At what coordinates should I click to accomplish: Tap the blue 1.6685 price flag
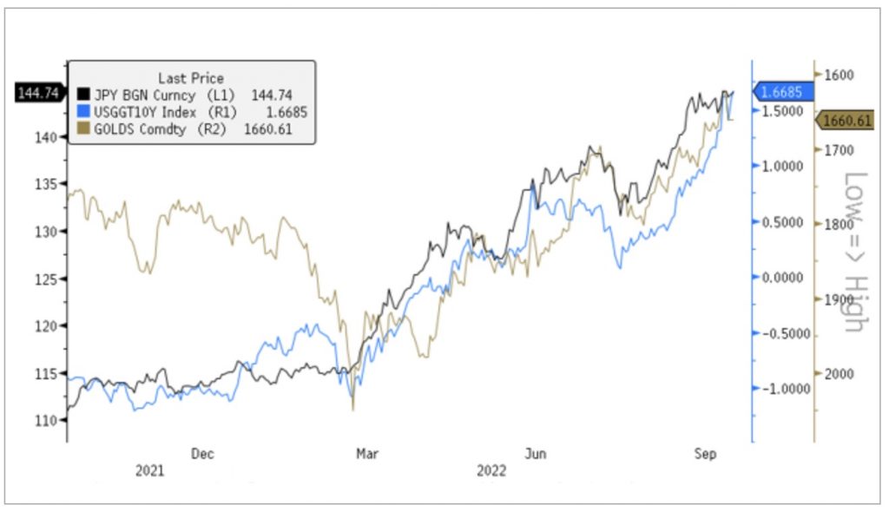coord(785,91)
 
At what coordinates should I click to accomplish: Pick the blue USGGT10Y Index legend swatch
coord(84,112)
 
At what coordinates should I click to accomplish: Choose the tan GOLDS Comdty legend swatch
coord(84,129)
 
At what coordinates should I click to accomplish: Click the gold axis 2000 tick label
coord(837,373)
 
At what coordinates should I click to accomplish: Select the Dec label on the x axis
coord(202,453)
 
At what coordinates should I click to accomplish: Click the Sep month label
coord(703,453)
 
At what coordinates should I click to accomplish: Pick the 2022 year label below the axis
coord(492,470)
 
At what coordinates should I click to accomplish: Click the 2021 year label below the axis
coord(150,470)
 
